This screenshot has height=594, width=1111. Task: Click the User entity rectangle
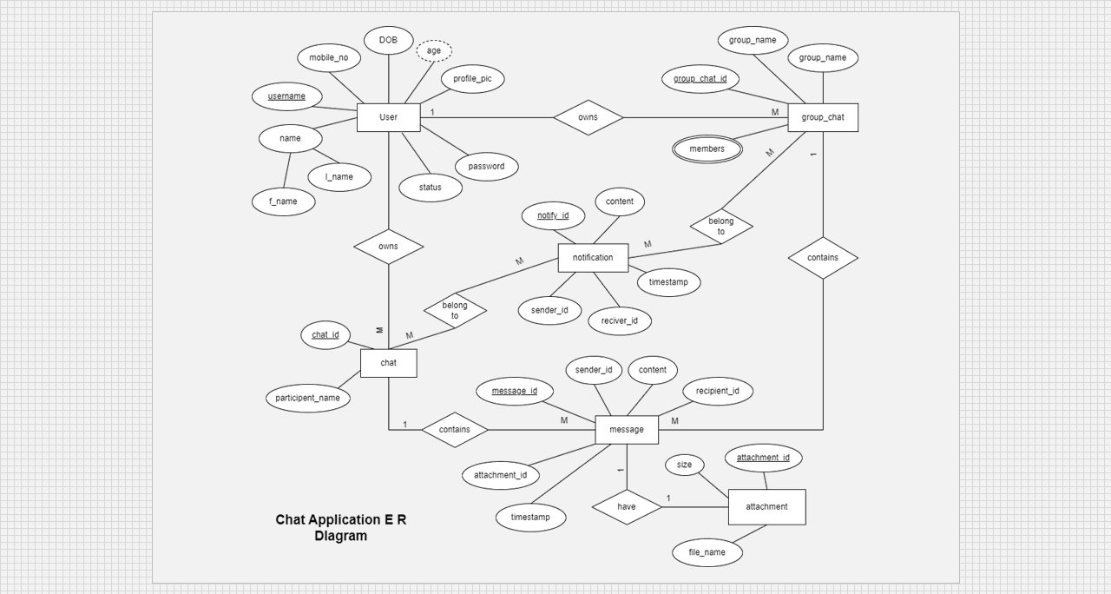(x=388, y=117)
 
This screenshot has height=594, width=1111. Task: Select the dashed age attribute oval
(x=434, y=51)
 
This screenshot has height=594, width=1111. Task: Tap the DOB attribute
(x=388, y=40)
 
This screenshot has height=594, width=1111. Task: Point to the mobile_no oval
(x=328, y=58)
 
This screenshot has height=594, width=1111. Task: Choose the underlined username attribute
(x=286, y=96)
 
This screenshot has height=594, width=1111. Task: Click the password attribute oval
(x=486, y=167)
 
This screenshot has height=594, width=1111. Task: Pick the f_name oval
(x=283, y=201)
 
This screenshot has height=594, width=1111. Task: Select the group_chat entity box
(x=822, y=117)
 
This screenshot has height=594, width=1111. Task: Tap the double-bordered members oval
(x=707, y=149)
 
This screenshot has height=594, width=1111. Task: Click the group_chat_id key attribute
(x=700, y=79)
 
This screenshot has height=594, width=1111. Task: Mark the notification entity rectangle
(x=593, y=258)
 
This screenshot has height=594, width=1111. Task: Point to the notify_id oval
(x=553, y=216)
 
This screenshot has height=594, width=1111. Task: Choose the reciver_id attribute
(x=620, y=321)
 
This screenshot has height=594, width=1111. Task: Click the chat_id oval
(x=325, y=335)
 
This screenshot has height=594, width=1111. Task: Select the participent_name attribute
(x=308, y=399)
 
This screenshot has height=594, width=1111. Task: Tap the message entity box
(x=626, y=430)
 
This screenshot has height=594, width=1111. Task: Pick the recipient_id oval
(x=717, y=391)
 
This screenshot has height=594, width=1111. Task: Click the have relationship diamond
(x=626, y=507)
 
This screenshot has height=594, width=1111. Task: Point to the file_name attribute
(x=707, y=552)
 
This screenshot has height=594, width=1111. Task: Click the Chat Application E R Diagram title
(x=341, y=528)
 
